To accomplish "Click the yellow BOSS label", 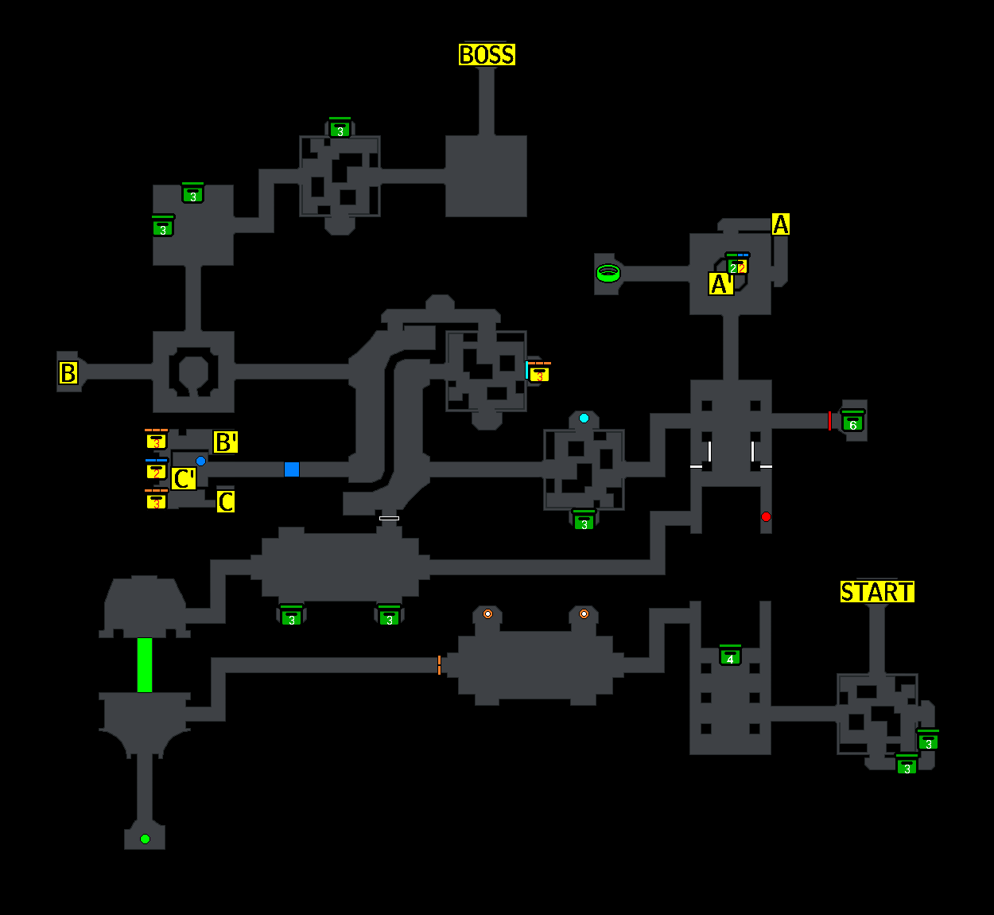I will (x=487, y=55).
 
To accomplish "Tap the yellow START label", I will (x=877, y=592).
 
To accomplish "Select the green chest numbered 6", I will (x=852, y=422).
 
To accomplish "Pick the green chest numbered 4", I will (x=730, y=656).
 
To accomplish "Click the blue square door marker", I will (x=292, y=469).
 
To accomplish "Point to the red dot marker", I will (x=766, y=517).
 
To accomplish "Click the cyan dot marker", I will (x=584, y=419).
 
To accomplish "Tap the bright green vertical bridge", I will (x=145, y=664).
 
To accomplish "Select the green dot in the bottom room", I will (x=145, y=839).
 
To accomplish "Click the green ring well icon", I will (x=608, y=274).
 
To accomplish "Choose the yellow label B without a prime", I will (x=68, y=372).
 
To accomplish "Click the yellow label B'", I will (x=226, y=442).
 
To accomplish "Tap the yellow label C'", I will (x=184, y=479).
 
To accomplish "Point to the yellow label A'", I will (x=720, y=284).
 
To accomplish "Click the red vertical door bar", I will (x=829, y=421).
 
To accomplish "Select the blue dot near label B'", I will (x=200, y=461).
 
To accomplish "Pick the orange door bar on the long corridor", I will (x=439, y=665).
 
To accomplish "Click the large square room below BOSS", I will (x=486, y=176).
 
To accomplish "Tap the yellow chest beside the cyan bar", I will (x=540, y=373).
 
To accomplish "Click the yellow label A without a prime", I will (x=781, y=224).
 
